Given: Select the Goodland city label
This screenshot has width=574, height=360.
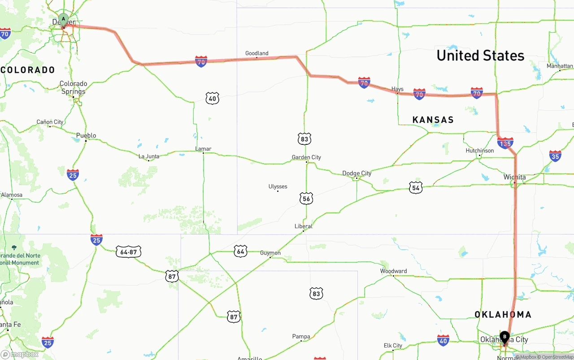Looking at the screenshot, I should tap(257, 53).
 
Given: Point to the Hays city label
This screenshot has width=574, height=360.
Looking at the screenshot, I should tap(397, 89).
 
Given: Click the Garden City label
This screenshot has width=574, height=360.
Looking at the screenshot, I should tap(306, 157).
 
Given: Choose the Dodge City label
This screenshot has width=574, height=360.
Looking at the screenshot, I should tap(357, 173).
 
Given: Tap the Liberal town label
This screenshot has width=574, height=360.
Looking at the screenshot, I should tap(303, 226).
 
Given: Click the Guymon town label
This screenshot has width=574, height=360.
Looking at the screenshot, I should tap(270, 253).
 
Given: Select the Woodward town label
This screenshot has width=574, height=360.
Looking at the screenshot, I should tap(393, 271).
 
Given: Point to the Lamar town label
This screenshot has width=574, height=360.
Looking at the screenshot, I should tap(203, 149).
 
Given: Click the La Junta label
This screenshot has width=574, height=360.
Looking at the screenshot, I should tap(148, 156).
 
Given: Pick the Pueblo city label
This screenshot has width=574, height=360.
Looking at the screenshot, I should tap(86, 135).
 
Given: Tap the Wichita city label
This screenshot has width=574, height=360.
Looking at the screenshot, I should tap(514, 177).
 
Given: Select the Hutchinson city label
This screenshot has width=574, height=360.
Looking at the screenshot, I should tap(479, 151).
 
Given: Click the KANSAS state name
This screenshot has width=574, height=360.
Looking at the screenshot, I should tap(433, 120).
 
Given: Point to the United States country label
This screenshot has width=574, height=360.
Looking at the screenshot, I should tap(480, 56).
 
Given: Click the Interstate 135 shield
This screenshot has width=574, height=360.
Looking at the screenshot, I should tap(505, 143).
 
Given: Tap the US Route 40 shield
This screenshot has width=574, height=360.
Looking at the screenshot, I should tap(213, 98).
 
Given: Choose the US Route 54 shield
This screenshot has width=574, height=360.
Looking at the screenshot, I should tap(416, 188).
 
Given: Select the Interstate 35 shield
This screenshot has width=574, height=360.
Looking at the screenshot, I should tap(555, 156).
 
